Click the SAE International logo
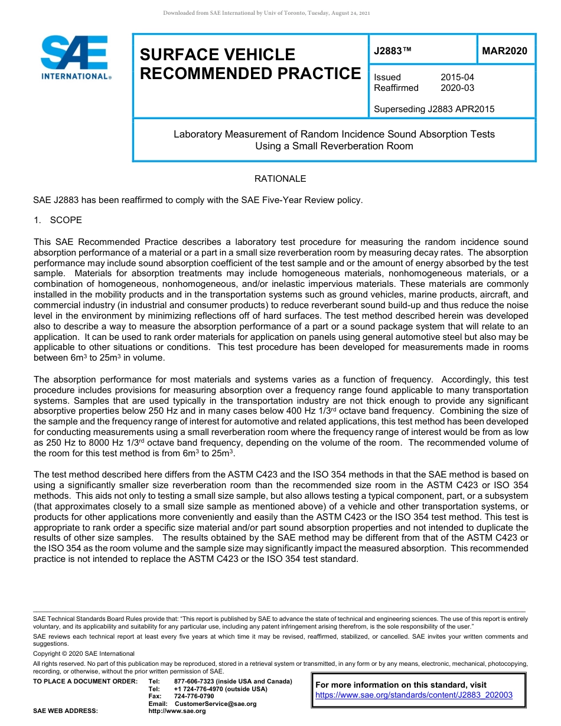tap(74, 57)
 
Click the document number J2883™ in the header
tap(392, 51)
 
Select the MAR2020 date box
tap(505, 51)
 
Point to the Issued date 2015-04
tap(457, 77)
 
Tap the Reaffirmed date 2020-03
tap(457, 88)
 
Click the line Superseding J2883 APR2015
tap(434, 109)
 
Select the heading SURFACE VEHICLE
tap(217, 55)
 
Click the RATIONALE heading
tap(280, 179)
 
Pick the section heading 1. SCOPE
tap(58, 220)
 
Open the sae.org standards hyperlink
tap(414, 695)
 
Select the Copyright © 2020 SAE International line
tap(84, 653)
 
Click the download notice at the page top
tap(266, 13)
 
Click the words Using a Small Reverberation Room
tap(334, 146)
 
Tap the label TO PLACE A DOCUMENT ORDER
tap(85, 682)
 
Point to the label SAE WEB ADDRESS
tap(66, 711)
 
